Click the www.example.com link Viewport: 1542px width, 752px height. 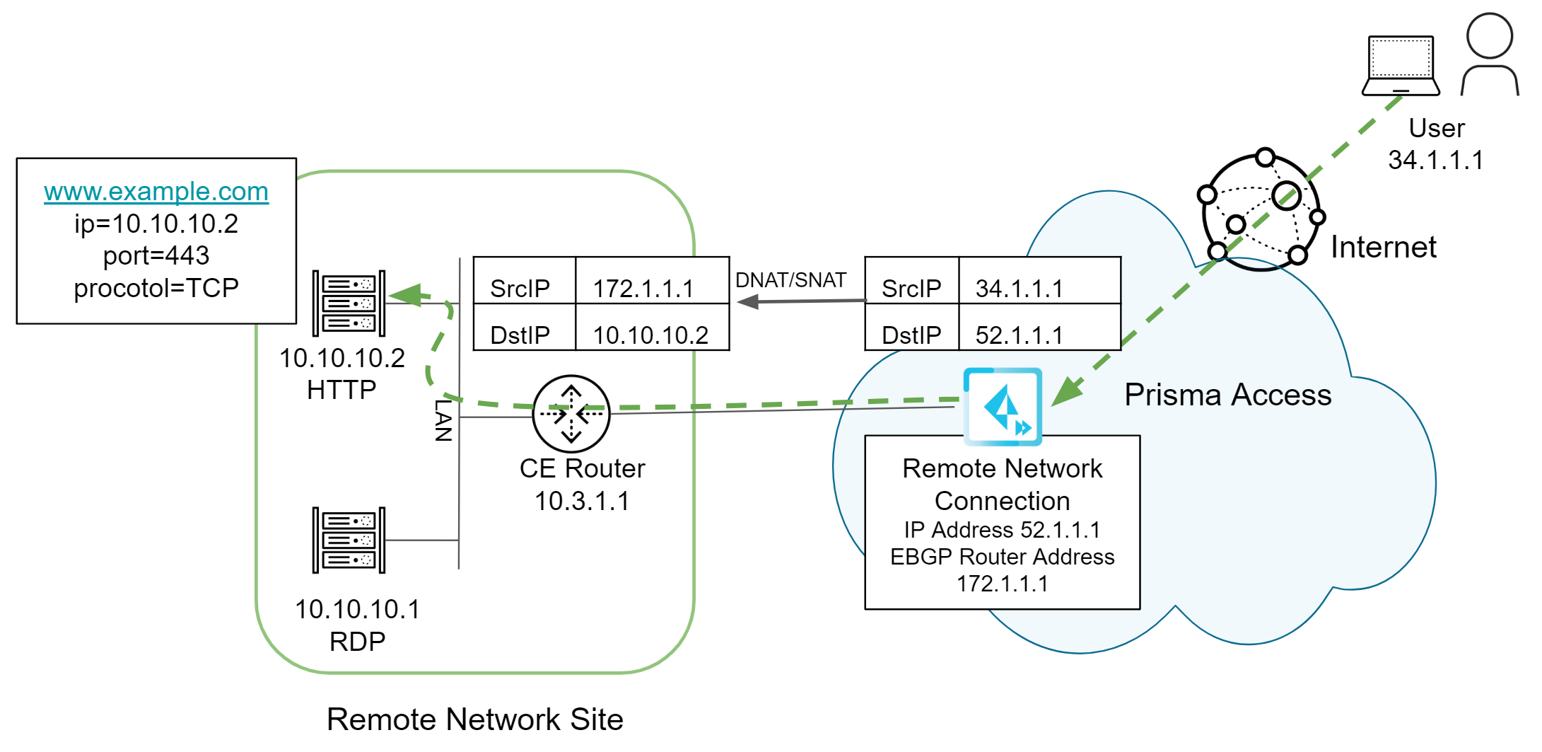click(156, 192)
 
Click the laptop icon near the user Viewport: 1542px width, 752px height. click(1401, 66)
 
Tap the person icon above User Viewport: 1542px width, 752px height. click(1490, 55)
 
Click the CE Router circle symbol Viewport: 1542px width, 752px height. click(571, 414)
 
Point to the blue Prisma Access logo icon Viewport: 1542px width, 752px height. click(1003, 407)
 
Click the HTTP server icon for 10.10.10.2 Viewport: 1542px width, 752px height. click(349, 303)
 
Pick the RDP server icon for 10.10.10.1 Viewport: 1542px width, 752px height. click(349, 540)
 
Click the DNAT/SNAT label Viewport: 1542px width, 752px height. click(790, 280)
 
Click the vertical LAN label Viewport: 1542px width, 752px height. click(443, 420)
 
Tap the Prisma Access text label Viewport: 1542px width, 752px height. click(1227, 395)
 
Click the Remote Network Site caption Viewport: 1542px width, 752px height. click(474, 719)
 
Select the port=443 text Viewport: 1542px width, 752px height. click(156, 255)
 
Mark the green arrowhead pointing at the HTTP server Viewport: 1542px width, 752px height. click(406, 294)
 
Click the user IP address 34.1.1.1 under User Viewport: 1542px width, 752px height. click(1435, 160)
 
